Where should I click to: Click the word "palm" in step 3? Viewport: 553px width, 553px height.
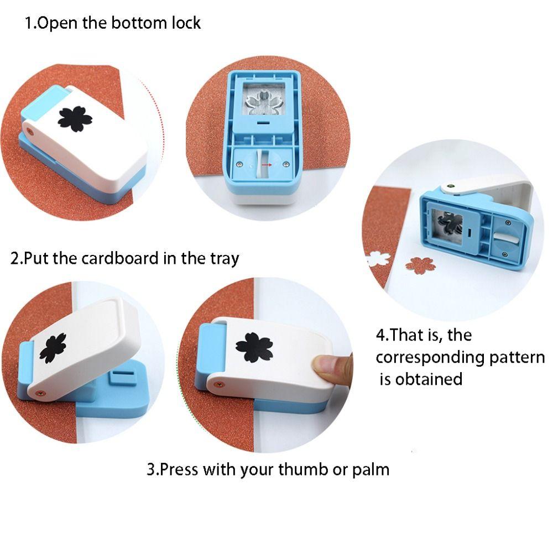(x=371, y=469)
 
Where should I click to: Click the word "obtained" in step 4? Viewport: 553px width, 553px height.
(x=429, y=379)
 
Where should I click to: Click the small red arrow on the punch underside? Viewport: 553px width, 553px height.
(x=267, y=164)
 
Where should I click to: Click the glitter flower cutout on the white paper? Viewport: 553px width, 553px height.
(x=420, y=265)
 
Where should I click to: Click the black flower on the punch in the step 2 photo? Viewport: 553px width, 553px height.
(x=53, y=347)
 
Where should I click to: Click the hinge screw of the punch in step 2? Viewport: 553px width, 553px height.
(x=38, y=393)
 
